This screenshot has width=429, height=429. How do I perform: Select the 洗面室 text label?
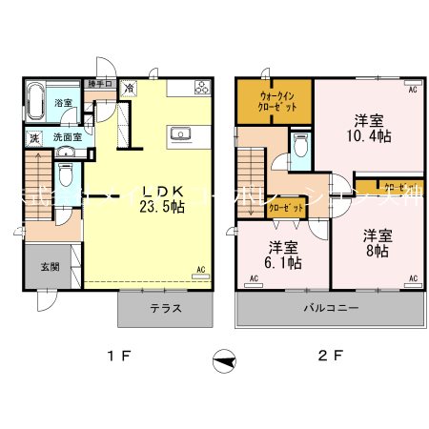(x=66, y=137)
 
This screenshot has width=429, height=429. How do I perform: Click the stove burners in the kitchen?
(x=202, y=89)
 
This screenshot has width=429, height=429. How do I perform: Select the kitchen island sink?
(x=180, y=134)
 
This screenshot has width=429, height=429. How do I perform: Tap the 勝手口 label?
(x=99, y=84)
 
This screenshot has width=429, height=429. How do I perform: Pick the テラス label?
(x=164, y=309)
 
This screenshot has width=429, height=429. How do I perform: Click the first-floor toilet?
(x=65, y=175)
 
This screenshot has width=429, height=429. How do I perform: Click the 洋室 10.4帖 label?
(x=370, y=128)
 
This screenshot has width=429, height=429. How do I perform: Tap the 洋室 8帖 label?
(x=375, y=242)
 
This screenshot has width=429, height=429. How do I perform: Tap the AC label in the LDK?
(x=201, y=269)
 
